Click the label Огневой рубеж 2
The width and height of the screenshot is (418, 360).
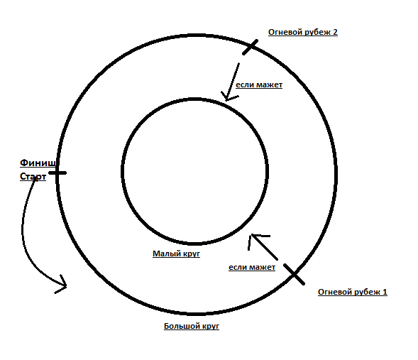(303, 32)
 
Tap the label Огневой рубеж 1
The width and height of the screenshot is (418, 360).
(353, 293)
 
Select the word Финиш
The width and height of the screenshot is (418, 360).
(38, 163)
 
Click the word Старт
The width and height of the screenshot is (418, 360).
(33, 177)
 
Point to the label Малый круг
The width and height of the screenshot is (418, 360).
(176, 253)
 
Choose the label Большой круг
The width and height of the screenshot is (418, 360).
(192, 326)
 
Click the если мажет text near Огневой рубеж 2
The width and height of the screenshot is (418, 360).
(259, 84)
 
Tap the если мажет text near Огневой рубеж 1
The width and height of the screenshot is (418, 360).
(252, 267)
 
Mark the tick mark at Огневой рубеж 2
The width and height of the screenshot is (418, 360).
(250, 47)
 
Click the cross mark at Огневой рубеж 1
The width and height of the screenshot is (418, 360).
(294, 274)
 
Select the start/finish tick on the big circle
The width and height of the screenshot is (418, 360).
(57, 173)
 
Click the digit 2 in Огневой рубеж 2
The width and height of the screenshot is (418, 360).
(335, 32)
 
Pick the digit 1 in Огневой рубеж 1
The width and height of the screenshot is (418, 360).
(385, 292)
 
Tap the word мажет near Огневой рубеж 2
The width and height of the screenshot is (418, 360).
(270, 85)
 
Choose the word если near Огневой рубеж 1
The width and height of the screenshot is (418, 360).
(238, 268)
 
